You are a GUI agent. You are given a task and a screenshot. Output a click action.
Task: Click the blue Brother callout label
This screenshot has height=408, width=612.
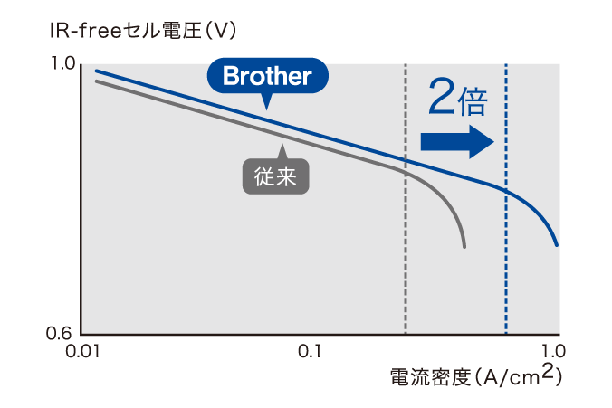tap(267, 76)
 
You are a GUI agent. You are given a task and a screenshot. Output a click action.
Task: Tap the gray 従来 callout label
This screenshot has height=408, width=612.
tap(276, 176)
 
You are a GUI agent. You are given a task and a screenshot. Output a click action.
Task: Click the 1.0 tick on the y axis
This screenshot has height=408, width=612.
tap(62, 63)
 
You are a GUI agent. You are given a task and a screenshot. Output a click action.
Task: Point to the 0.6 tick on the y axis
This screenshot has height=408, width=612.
tap(59, 333)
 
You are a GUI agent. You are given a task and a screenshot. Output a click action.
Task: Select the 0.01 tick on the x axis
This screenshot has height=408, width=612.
tap(82, 351)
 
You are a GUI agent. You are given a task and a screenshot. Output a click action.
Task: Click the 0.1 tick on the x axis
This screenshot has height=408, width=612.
tap(310, 351)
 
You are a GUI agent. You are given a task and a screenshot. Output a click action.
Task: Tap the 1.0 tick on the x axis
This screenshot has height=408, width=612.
tap(553, 351)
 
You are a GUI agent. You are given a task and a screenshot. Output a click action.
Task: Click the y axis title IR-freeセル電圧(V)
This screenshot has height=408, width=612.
tap(143, 31)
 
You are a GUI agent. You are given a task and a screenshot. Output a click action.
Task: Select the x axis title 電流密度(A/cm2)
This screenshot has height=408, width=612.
tap(476, 376)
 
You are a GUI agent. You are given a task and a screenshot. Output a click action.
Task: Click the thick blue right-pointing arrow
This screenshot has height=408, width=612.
tap(457, 142)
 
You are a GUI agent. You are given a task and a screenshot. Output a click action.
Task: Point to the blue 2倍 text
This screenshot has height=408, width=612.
tap(458, 98)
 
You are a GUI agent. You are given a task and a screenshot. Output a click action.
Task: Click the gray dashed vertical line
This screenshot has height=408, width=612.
tap(406, 199)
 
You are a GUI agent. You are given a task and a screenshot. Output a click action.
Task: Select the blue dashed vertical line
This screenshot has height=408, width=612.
tap(506, 199)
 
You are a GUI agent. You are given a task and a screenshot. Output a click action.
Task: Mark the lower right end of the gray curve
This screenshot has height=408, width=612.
tap(464, 247)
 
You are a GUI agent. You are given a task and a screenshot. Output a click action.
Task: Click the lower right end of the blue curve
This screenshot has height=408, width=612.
tap(557, 245)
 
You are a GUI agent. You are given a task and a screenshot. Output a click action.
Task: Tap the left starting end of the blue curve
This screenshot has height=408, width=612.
tap(96, 71)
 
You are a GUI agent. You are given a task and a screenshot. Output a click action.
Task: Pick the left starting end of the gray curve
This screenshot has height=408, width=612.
tap(96, 81)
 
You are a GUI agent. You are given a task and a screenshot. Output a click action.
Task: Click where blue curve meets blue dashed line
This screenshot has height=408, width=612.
tap(506, 191)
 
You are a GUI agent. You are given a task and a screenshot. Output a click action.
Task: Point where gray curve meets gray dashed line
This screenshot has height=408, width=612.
tap(406, 171)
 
